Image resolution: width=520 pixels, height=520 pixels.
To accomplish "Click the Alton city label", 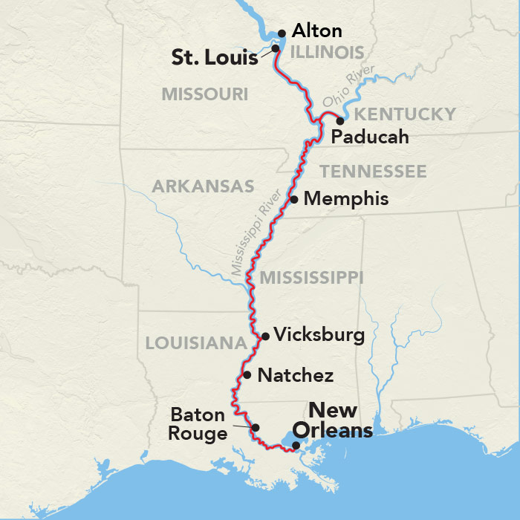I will point(317,31).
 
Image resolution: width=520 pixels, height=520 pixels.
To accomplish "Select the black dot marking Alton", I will point(282,33).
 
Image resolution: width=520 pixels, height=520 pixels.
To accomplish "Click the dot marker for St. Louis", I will point(275,48).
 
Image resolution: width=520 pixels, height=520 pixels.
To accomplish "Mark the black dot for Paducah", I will point(340,120).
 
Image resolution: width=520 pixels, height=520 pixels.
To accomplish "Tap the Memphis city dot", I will point(294,199).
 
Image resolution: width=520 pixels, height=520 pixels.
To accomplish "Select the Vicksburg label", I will point(319,335).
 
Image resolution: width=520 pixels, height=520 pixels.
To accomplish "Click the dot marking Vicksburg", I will point(265,336).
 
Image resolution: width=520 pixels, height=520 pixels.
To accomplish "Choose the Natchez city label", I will point(295,375).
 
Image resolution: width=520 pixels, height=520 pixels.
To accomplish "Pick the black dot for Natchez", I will point(247,375).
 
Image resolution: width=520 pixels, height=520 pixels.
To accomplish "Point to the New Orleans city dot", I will point(296,446).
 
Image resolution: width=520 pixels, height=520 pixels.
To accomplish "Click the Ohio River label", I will point(348,91).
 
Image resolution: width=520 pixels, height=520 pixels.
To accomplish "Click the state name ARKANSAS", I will point(203,186).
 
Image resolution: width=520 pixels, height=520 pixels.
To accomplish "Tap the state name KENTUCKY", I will point(404,114).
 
